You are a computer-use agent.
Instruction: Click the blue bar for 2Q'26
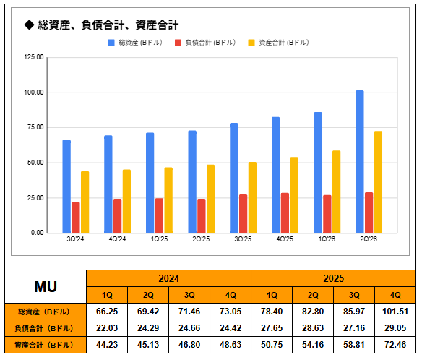[360, 161]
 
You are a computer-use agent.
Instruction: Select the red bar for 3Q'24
[76, 218]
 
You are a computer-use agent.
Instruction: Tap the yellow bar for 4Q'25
[294, 195]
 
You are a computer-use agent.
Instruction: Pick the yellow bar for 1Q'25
[168, 200]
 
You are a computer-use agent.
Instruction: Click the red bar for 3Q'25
[243, 213]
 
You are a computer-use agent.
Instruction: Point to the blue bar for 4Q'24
[108, 184]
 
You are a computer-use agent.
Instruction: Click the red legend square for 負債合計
[178, 43]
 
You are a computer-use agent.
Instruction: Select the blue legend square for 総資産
[111, 43]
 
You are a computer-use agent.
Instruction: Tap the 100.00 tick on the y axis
[34, 93]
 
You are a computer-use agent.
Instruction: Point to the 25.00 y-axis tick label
[35, 198]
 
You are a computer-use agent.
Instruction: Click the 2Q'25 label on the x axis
[201, 239]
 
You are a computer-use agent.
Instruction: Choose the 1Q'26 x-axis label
[327, 239]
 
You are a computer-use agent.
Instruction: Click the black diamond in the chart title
[29, 25]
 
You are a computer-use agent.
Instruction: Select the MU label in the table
[46, 287]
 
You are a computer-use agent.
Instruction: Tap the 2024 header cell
[169, 278]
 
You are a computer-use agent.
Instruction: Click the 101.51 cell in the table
[395, 312]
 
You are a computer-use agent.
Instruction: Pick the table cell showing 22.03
[107, 328]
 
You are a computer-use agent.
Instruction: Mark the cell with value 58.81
[354, 345]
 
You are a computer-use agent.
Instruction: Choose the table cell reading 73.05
[231, 312]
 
